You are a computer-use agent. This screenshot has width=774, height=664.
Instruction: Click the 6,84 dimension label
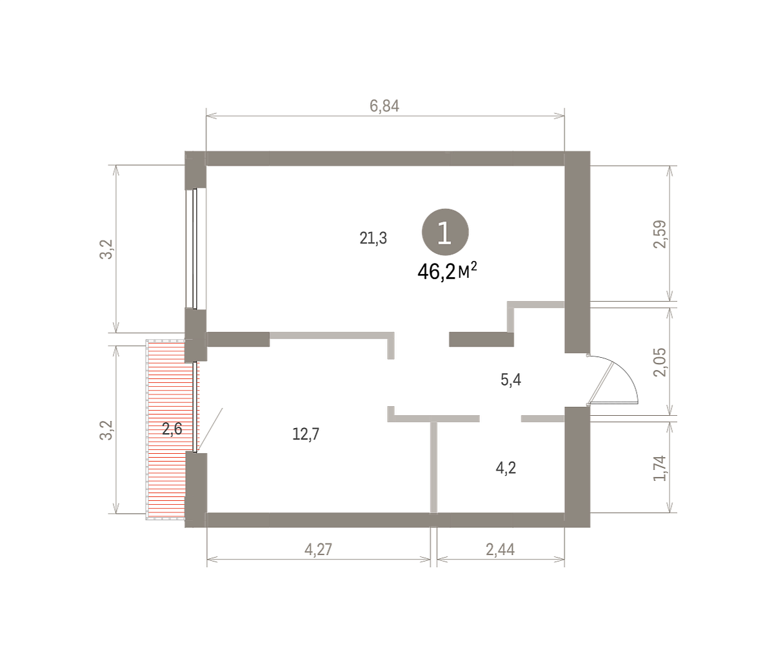384,106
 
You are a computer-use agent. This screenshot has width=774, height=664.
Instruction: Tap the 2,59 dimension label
660,234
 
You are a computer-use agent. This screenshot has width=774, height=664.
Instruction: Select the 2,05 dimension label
660,362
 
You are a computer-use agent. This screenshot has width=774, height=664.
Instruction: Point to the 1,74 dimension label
660,468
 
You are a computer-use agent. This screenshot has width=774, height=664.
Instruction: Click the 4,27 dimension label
318,549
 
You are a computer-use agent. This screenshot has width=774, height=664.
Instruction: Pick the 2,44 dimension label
501,549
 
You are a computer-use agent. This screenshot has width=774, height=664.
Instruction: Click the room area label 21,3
373,238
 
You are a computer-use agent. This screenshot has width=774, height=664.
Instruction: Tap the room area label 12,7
306,435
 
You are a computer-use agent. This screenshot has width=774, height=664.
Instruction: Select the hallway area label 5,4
511,380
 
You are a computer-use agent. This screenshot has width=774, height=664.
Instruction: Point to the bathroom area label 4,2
506,468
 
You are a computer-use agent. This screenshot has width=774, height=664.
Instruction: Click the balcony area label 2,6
172,429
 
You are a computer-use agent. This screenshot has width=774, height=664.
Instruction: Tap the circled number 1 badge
445,232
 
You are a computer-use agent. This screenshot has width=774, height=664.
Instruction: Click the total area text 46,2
436,272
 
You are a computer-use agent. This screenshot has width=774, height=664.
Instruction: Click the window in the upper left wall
195,249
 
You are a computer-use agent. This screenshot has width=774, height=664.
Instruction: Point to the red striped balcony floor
166,429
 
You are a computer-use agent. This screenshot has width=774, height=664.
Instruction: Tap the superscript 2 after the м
473,267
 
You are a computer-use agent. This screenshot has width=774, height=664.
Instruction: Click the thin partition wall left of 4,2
433,467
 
